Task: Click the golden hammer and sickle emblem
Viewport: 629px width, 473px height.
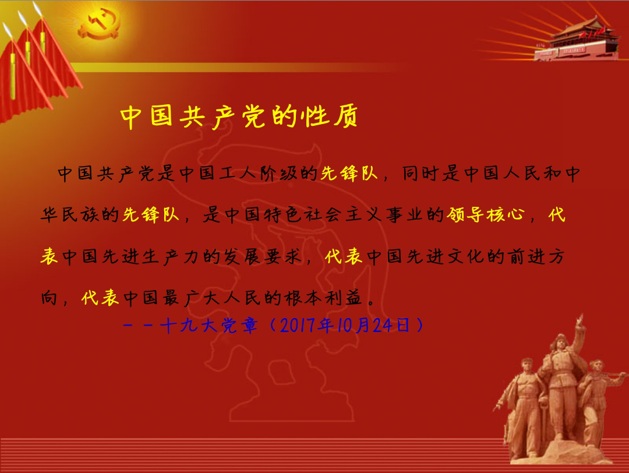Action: click(99, 24)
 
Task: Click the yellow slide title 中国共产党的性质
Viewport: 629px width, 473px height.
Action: click(239, 117)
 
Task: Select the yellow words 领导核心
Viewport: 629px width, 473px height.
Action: click(486, 214)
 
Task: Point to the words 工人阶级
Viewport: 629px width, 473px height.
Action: click(258, 174)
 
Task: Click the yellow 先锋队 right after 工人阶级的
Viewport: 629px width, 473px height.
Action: click(349, 174)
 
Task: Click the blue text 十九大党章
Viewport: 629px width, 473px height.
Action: click(208, 326)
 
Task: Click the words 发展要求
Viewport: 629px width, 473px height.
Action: click(262, 256)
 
